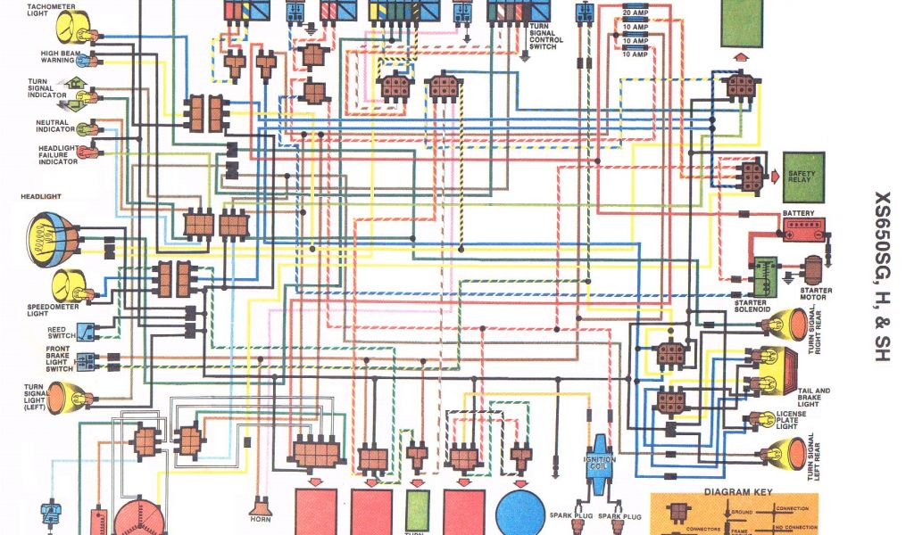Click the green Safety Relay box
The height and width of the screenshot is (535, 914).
tap(804, 177)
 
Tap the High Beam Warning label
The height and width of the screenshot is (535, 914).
tap(57, 56)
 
